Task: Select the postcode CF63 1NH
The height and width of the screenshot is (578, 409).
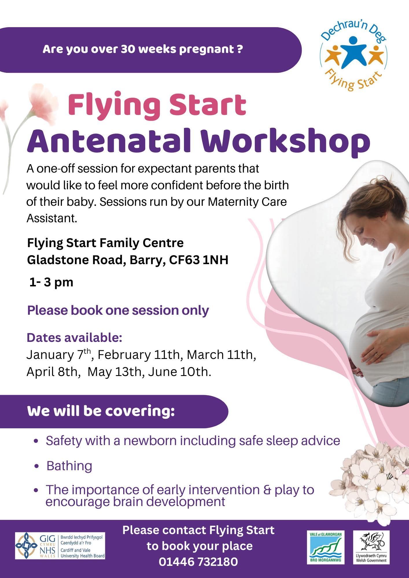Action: [199, 260]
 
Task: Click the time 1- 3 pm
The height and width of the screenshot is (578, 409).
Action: [51, 282]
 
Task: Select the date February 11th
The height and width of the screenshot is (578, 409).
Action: [139, 355]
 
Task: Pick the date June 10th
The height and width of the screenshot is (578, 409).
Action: [180, 372]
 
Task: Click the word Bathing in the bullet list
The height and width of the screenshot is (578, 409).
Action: [69, 466]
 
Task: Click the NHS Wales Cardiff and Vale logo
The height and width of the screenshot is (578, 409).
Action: [60, 546]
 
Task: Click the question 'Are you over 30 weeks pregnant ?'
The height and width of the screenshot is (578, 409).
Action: [143, 49]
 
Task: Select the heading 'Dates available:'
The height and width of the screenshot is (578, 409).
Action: [74, 338]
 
